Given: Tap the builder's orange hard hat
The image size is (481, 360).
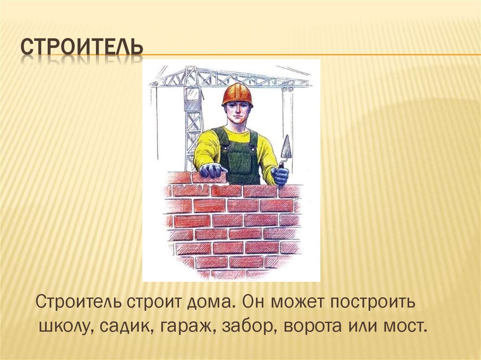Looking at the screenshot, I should coord(237,93).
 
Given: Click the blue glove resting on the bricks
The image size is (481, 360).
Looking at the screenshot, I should coord(213,170).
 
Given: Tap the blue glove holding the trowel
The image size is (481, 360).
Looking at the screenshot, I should coord(280,176).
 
